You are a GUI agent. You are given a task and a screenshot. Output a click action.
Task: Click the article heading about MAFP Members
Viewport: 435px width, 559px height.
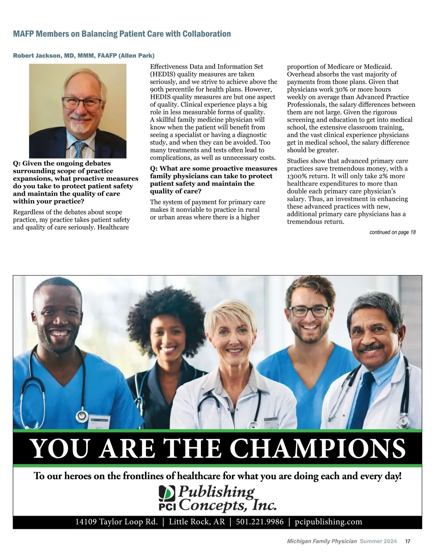122,34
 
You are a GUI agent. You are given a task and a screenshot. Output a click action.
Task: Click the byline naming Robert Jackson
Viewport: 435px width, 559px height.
84,56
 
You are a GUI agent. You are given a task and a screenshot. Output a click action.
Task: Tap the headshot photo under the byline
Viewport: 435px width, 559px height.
78,111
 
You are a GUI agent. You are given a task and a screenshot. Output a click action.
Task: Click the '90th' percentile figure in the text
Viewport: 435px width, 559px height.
157,89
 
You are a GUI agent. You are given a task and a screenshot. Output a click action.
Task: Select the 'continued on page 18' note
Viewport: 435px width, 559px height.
392,232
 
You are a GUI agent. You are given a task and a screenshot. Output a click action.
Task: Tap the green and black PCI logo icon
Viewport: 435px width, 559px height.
167,494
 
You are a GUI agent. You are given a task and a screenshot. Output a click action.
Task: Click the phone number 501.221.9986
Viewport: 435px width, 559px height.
260,522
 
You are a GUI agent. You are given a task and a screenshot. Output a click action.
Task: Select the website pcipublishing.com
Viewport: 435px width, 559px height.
328,522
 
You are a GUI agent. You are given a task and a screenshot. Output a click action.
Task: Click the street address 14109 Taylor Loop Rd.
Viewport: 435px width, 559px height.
116,522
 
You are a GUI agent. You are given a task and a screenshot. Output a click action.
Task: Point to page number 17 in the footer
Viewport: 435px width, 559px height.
407,541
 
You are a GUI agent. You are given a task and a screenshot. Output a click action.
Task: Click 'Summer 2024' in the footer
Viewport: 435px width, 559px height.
378,541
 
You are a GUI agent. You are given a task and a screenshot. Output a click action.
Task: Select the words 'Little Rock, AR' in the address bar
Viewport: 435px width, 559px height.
197,522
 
